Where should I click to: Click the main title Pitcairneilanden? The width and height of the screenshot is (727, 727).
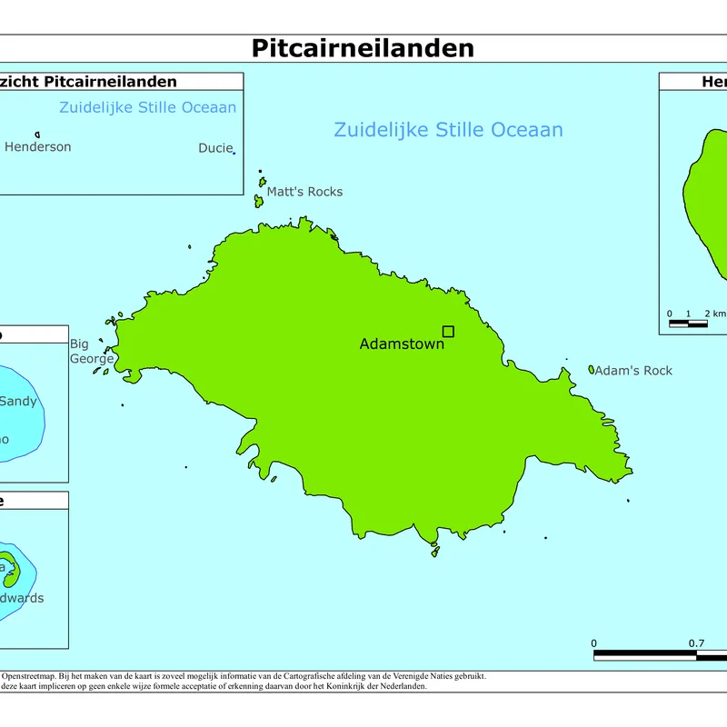(x=363, y=47)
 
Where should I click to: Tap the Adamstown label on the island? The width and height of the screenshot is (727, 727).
(x=402, y=344)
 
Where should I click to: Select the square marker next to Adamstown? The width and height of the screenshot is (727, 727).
(x=448, y=332)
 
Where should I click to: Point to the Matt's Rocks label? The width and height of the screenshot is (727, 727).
(x=304, y=192)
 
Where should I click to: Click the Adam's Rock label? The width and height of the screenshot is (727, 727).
(x=634, y=371)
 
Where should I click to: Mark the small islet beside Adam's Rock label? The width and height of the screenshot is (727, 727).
(x=592, y=370)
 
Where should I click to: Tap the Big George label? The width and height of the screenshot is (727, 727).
(x=92, y=351)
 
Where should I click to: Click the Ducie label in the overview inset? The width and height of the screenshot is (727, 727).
(x=215, y=148)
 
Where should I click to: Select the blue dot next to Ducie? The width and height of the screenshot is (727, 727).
(x=234, y=153)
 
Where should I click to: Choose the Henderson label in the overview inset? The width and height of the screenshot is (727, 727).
(x=37, y=146)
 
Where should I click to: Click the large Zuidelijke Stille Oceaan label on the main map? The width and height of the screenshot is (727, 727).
(x=448, y=130)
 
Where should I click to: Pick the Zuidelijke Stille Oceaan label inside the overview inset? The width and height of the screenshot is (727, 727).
(x=147, y=107)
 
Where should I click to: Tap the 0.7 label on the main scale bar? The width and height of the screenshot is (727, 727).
(x=696, y=643)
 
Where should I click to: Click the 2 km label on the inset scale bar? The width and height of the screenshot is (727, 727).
(x=715, y=314)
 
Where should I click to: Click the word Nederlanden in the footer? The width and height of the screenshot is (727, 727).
(x=401, y=686)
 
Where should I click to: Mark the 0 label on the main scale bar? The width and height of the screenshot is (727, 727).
(x=594, y=643)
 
